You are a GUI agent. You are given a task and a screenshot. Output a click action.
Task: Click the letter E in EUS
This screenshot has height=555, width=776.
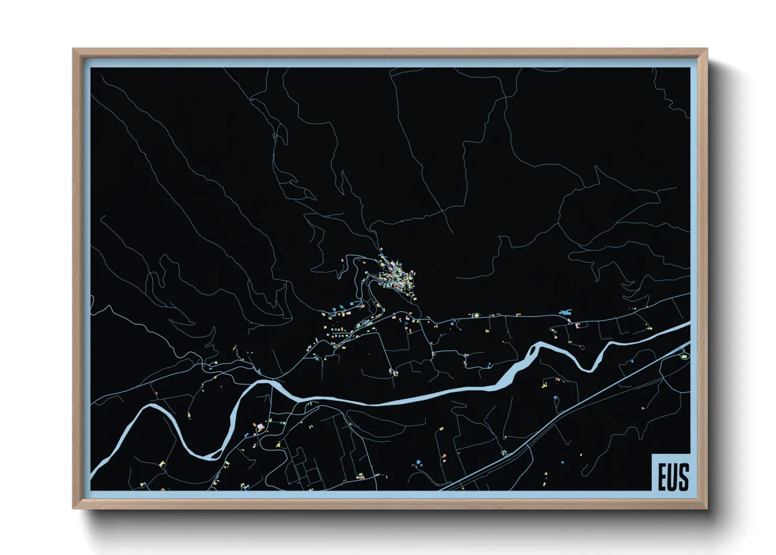point(662,477)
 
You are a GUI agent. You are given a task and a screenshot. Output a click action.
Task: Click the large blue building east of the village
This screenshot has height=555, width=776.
point(565,313)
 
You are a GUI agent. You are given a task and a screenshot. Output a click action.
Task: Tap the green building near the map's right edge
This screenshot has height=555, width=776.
point(684,357)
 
